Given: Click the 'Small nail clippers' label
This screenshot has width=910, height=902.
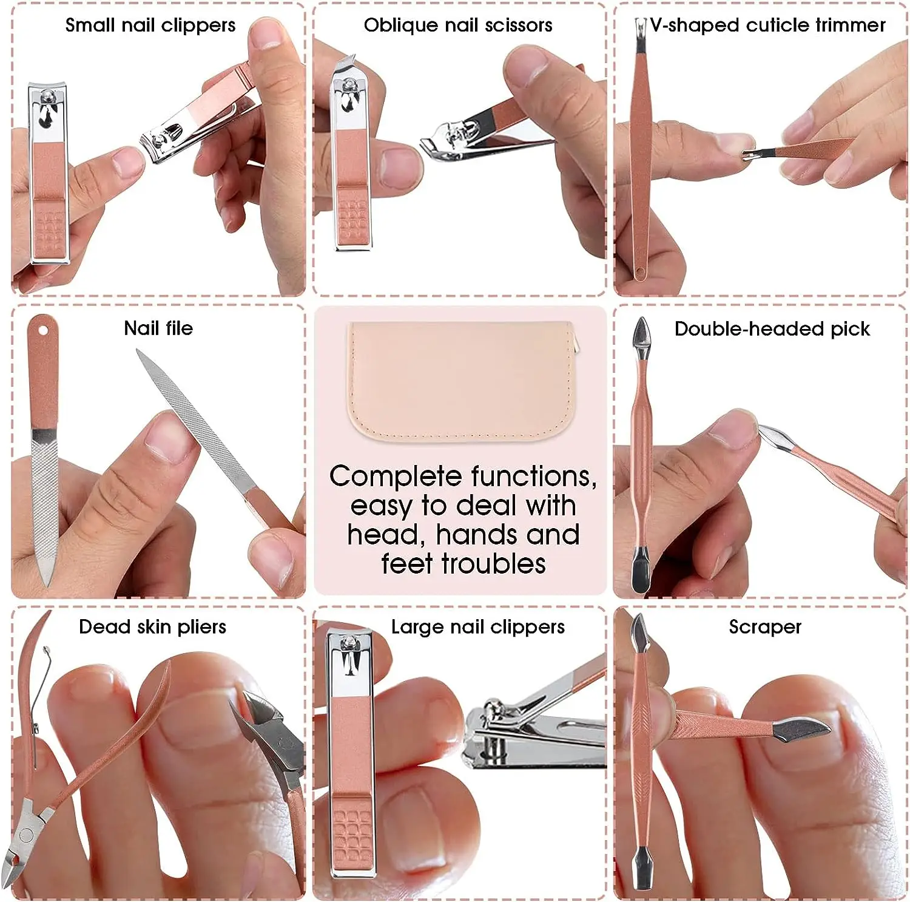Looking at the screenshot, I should [x=150, y=25].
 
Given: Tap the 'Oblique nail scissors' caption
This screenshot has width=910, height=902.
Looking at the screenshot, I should [x=458, y=25].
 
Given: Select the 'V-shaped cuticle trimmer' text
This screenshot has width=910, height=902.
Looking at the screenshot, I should [x=767, y=25].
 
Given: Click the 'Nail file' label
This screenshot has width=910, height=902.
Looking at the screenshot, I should [x=158, y=328].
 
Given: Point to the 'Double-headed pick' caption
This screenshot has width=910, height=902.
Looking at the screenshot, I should [x=772, y=329].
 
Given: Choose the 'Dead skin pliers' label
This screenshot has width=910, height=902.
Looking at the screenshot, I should [x=152, y=626].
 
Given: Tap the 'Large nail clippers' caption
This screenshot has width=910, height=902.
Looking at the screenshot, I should [x=477, y=626].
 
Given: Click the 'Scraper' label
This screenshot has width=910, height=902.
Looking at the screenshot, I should [x=765, y=626].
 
